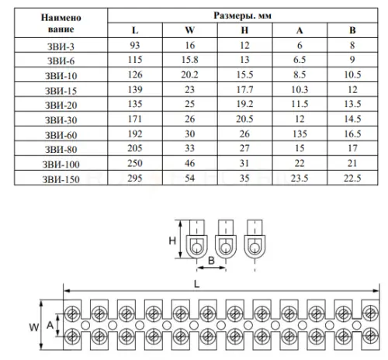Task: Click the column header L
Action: point(135,30)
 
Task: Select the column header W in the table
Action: point(190,30)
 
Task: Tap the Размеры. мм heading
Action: point(242,16)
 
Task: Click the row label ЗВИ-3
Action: point(61,47)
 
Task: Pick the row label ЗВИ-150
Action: point(61,179)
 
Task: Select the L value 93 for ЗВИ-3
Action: point(135,45)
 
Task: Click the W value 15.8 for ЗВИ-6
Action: point(189,60)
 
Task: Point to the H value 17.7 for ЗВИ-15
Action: point(244,89)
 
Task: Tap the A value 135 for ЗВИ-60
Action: point(300,133)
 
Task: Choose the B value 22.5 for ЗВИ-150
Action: point(352,178)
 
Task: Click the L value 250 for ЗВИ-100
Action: point(135,163)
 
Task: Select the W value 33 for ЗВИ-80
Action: point(189,148)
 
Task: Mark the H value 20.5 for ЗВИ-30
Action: point(244,119)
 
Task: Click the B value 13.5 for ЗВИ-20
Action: point(352,104)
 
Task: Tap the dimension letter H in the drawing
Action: point(172,241)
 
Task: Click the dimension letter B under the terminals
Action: point(211,261)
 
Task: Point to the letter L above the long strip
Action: point(197,284)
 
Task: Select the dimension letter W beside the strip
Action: point(34,327)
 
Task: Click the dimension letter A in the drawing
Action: point(50,325)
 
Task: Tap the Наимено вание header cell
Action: point(61,23)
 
